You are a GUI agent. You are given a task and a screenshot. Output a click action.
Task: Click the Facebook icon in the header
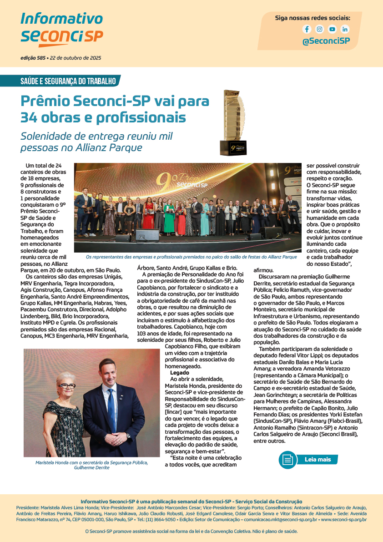coord(307,29)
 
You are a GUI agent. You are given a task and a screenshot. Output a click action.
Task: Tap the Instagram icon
coord(320,29)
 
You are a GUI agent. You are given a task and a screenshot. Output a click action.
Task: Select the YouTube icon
coord(333,29)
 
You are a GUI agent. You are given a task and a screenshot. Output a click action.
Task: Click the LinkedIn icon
coord(345,29)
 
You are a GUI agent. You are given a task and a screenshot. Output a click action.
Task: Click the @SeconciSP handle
coord(326,41)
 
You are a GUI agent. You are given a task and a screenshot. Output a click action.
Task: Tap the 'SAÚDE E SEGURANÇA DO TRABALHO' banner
coord(68,81)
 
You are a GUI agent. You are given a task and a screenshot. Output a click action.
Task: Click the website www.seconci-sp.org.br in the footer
coord(344,520)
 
